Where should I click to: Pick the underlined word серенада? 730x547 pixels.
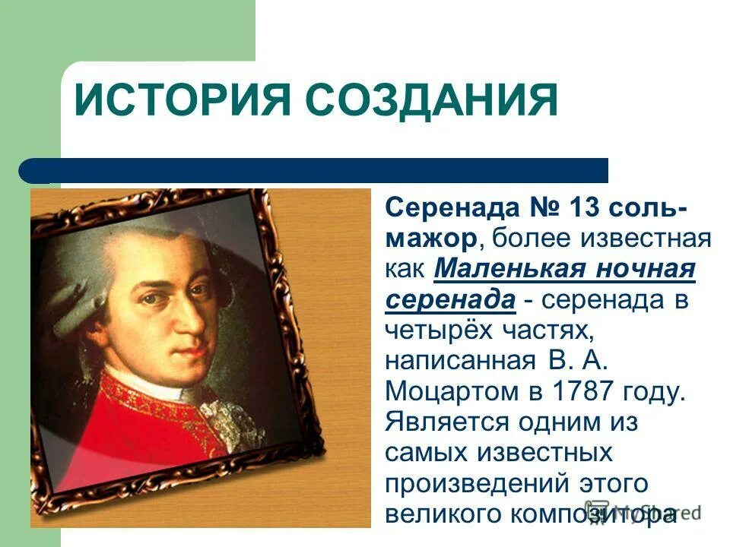click(450, 299)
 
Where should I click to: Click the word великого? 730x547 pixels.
click(440, 514)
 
